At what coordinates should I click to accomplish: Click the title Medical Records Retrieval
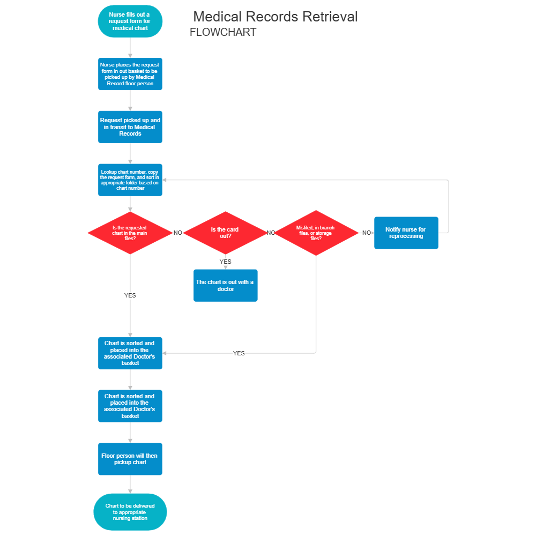(x=275, y=17)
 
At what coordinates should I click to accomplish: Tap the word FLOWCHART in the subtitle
(x=223, y=32)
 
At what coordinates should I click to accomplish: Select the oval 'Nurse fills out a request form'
(x=130, y=21)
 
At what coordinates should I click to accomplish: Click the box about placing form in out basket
(x=130, y=74)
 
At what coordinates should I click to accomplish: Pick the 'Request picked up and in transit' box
(x=130, y=127)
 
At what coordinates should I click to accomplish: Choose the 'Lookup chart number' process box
(x=130, y=180)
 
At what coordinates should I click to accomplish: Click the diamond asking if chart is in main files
(x=130, y=233)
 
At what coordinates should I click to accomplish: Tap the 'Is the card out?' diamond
(x=225, y=233)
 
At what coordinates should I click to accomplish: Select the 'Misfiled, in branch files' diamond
(x=316, y=233)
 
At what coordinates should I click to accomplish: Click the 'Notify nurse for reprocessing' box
(x=406, y=233)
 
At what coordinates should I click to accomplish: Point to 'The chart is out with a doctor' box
(x=225, y=285)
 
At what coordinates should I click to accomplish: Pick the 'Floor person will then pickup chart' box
(x=130, y=459)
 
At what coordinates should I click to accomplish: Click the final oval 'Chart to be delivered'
(x=130, y=512)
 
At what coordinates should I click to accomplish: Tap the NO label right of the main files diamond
(x=177, y=233)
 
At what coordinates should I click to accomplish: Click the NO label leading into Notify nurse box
(x=367, y=233)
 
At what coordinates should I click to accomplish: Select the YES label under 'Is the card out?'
(x=226, y=262)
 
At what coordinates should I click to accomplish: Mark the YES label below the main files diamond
(x=130, y=295)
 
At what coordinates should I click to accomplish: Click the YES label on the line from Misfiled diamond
(x=239, y=353)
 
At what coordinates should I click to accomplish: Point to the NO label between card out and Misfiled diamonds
(x=271, y=233)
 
